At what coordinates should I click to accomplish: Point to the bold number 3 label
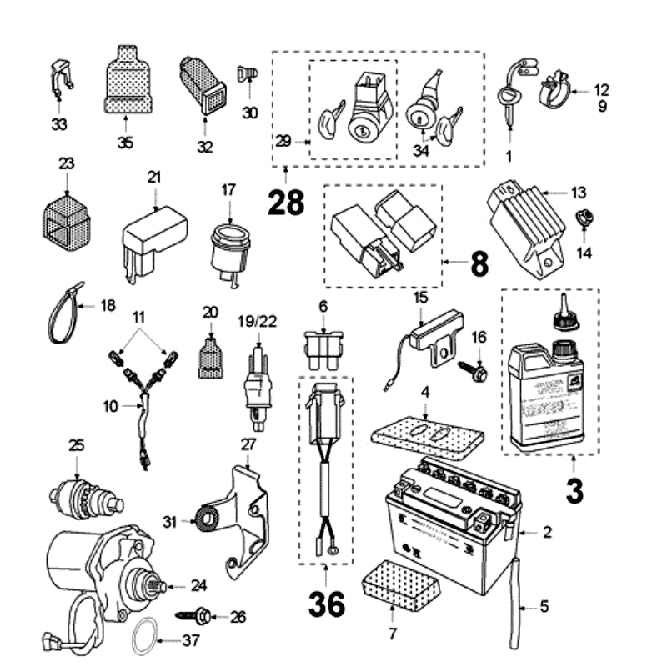pos(574,489)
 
